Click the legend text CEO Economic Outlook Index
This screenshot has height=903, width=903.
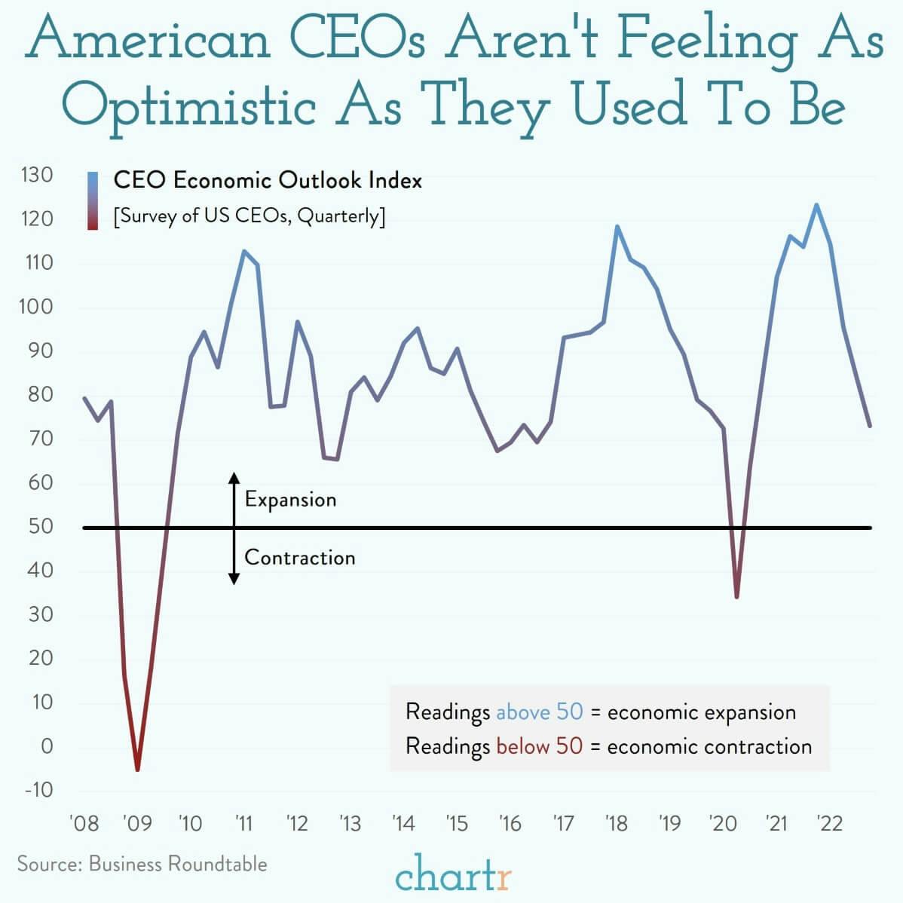pyautogui.click(x=268, y=181)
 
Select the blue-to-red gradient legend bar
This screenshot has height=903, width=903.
pyautogui.click(x=93, y=200)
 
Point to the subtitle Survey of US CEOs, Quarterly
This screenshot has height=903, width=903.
pyautogui.click(x=249, y=216)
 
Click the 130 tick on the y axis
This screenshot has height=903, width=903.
pyautogui.click(x=37, y=176)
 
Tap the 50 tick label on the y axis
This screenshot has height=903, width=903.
pyautogui.click(x=41, y=527)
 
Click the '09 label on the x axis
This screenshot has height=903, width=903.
pyautogui.click(x=136, y=823)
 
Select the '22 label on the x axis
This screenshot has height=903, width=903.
pyautogui.click(x=829, y=823)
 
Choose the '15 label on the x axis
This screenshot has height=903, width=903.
pyautogui.click(x=456, y=823)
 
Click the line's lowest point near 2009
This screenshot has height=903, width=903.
pyautogui.click(x=137, y=769)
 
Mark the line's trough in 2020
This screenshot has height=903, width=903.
pyautogui.click(x=736, y=597)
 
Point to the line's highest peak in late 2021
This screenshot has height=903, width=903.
pyautogui.click(x=816, y=205)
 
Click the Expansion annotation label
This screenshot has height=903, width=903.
pyautogui.click(x=290, y=500)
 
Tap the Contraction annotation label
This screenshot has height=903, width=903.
pyautogui.click(x=299, y=558)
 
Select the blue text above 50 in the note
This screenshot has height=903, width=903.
pyautogui.click(x=539, y=712)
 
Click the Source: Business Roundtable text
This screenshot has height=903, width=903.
pyautogui.click(x=142, y=863)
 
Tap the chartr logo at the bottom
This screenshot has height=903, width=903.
pyautogui.click(x=454, y=877)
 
